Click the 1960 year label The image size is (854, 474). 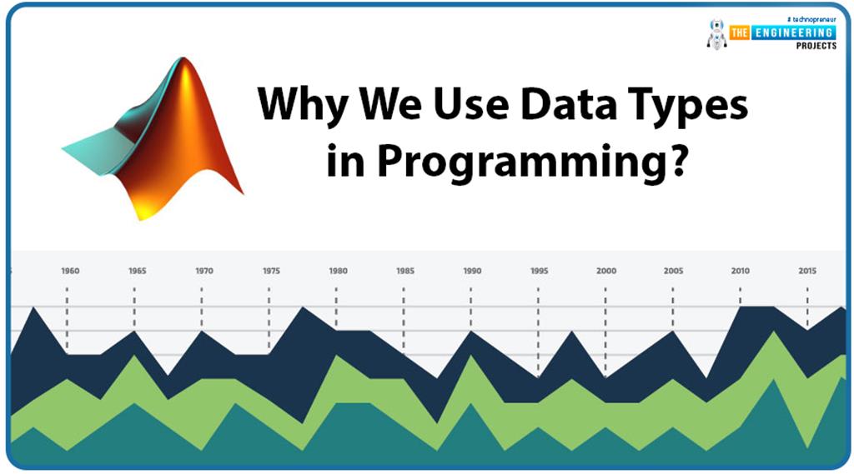point(70,271)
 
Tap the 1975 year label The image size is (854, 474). point(271,271)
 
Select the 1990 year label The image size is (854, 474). point(472,271)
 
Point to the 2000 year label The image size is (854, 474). point(606,271)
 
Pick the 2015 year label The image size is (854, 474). point(807,271)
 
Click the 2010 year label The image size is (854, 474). point(740,271)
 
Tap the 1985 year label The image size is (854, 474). point(405,271)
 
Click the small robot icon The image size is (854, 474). point(716,33)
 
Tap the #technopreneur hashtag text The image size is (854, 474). point(811,18)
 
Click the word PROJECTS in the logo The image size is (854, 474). point(815,46)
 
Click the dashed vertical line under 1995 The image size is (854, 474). point(539,329)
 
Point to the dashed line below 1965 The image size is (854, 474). point(134,308)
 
